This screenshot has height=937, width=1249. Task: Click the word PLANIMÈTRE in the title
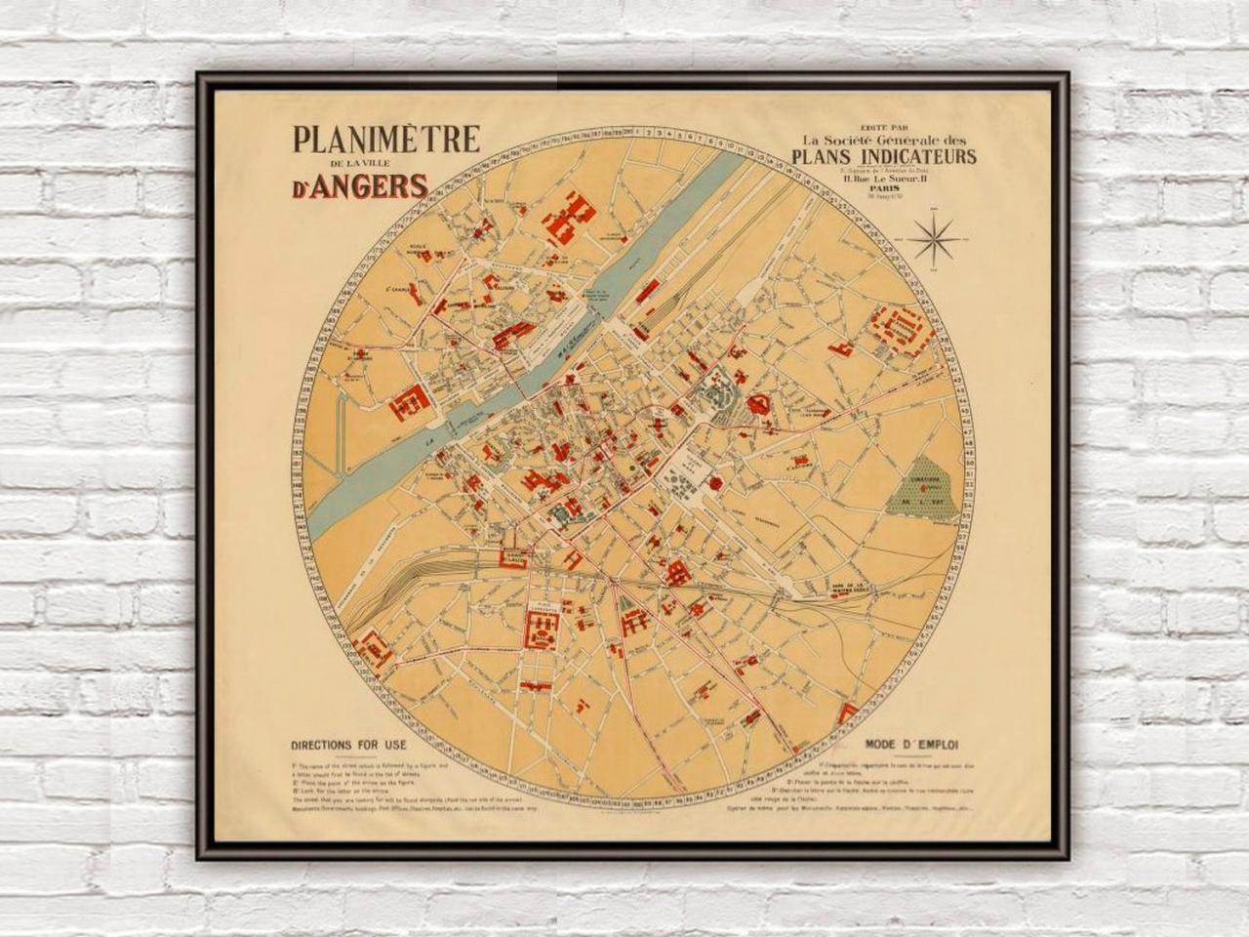point(387,140)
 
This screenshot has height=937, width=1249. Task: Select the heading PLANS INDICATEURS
point(884,157)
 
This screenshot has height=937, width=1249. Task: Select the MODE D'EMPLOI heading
point(911,744)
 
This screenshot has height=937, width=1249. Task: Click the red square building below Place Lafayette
point(540,627)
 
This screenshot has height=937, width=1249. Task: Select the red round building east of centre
point(756,404)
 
